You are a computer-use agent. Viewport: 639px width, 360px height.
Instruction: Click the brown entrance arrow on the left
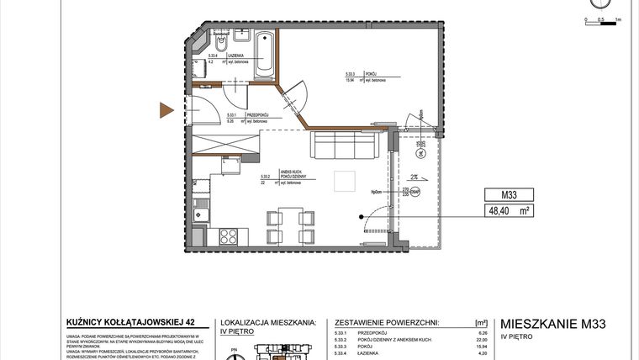click(x=167, y=109)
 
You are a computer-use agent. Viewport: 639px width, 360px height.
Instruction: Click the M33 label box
click(x=509, y=197)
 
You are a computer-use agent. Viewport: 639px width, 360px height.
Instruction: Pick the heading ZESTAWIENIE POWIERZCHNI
click(x=387, y=321)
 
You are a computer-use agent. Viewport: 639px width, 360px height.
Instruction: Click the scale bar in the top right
click(x=600, y=17)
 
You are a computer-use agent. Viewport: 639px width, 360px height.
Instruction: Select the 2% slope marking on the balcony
click(x=415, y=177)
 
